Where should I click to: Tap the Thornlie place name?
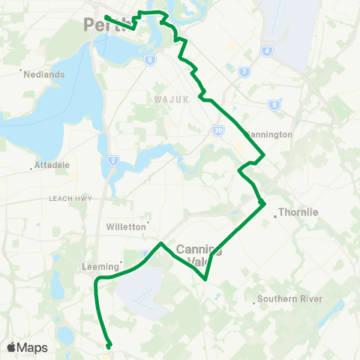[298, 212]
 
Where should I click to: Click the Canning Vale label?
[198, 255]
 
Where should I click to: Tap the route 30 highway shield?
[217, 130]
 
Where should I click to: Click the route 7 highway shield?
[244, 72]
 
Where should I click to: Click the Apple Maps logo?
[27, 347]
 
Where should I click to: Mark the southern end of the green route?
[109, 346]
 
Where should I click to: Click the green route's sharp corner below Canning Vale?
[205, 280]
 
